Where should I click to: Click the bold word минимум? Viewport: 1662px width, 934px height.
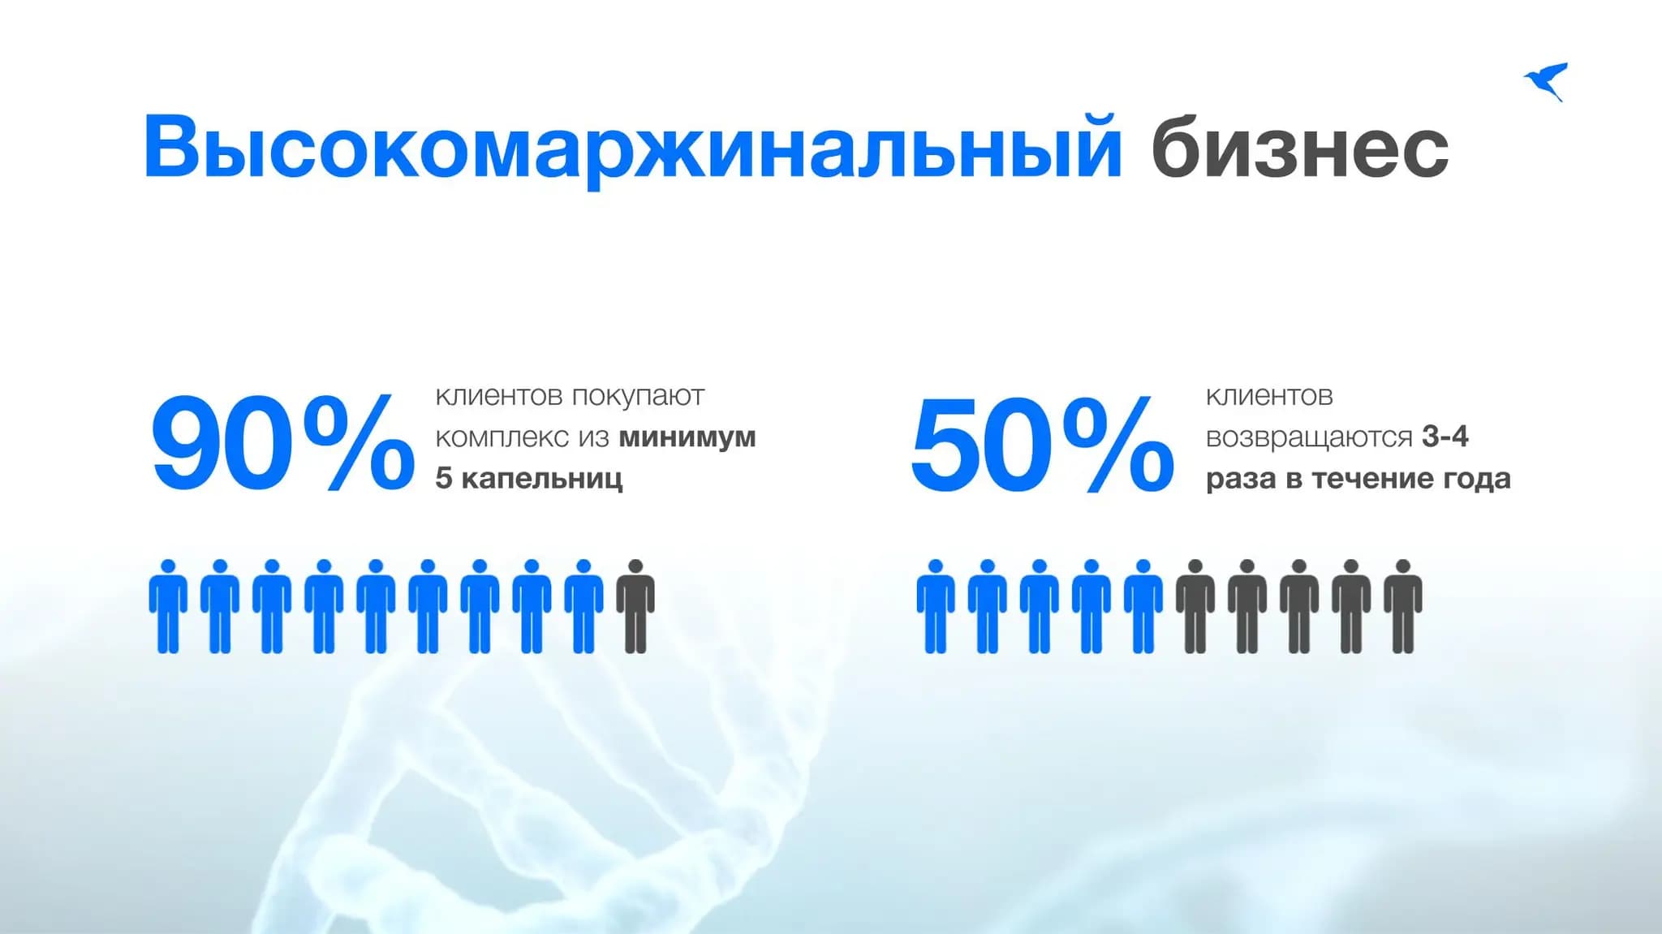point(687,437)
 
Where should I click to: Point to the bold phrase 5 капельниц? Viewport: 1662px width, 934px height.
point(529,479)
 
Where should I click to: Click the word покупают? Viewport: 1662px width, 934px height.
point(638,396)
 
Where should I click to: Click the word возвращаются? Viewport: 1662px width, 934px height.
point(1309,437)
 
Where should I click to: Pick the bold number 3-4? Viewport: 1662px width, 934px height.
point(1445,437)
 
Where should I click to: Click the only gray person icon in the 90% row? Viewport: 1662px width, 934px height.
point(635,607)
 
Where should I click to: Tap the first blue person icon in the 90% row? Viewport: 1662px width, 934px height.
point(168,607)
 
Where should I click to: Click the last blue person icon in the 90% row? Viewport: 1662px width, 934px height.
point(583,607)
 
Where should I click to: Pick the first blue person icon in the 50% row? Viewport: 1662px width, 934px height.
point(936,607)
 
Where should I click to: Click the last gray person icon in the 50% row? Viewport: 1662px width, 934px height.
point(1403,607)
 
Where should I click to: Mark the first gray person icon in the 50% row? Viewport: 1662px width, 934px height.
point(1195,607)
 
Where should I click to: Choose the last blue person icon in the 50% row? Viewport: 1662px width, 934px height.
point(1143,607)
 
